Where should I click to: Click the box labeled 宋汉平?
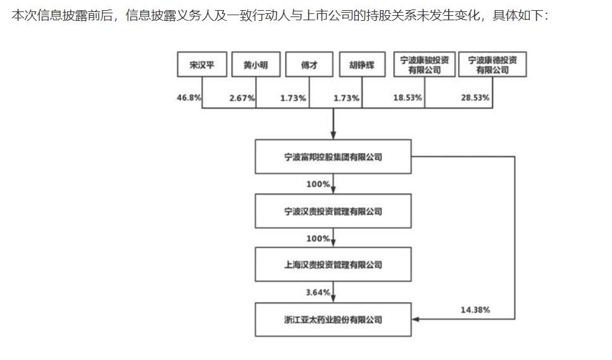(202, 65)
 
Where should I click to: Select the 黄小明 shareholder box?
(256, 65)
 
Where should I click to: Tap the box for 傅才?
(309, 65)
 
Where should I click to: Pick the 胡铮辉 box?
(362, 65)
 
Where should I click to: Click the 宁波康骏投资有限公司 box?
(424, 65)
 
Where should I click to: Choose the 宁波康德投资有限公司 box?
(492, 65)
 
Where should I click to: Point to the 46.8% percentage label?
(189, 97)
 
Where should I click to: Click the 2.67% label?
(242, 98)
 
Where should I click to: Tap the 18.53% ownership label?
(408, 97)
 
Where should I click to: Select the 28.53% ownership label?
(475, 97)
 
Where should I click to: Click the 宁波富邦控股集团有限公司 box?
(333, 156)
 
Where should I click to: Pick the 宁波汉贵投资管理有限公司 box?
(333, 211)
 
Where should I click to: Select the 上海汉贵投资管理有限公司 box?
(333, 264)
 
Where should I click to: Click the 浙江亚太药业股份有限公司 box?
(333, 320)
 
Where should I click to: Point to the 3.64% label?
(318, 292)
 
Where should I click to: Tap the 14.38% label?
(475, 309)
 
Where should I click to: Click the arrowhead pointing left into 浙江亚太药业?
(415, 320)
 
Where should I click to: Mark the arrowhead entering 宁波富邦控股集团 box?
(334, 135)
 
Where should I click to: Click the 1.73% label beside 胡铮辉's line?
(346, 98)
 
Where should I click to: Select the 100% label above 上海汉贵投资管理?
(318, 239)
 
